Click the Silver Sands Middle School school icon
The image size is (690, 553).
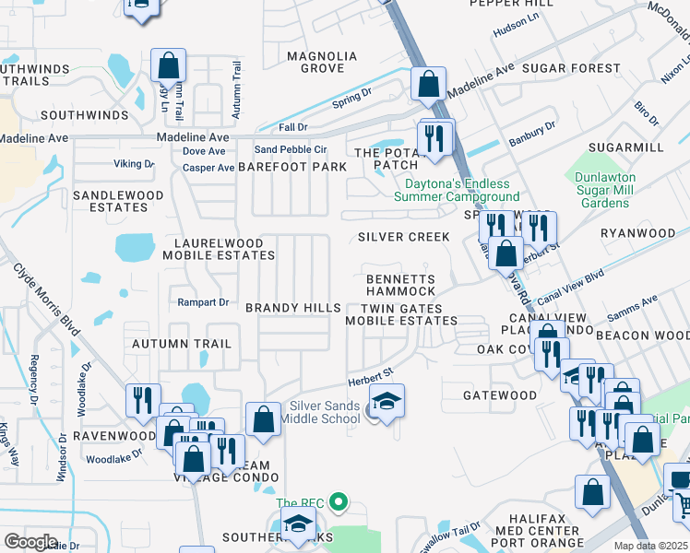coord(387,401)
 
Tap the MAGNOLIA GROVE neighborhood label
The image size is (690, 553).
coord(315,62)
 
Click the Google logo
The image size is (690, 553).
coord(30,542)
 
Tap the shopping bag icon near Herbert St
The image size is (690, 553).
coord(506,253)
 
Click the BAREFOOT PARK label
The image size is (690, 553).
coord(292,167)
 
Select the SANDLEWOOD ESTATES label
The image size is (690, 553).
coord(118,201)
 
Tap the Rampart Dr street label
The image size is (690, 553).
coord(202,302)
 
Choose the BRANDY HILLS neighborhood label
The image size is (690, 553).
coord(292,307)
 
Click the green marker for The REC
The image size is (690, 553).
coord(339,502)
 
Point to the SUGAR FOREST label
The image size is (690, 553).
coord(571,68)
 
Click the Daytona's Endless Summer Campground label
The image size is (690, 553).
coord(457,191)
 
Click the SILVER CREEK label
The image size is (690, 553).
coord(404,237)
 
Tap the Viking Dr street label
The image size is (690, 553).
coord(134,164)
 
